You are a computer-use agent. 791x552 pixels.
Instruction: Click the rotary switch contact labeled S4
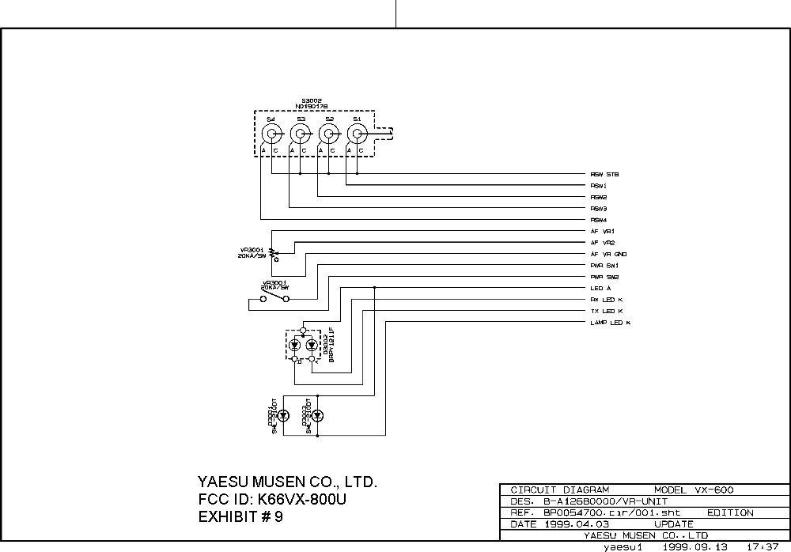click(x=271, y=132)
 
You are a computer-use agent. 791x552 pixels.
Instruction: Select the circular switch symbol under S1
click(x=357, y=132)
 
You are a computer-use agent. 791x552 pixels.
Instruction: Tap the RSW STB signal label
click(x=604, y=174)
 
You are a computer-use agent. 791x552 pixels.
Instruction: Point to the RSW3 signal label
click(x=599, y=208)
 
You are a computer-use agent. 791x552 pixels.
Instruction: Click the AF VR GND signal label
click(x=608, y=254)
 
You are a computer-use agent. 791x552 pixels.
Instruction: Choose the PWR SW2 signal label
click(x=604, y=277)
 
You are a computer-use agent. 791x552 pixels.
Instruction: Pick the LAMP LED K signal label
click(x=610, y=323)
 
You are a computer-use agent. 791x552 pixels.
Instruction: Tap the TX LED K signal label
click(x=607, y=312)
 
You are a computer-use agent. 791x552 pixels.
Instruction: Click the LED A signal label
click(x=600, y=289)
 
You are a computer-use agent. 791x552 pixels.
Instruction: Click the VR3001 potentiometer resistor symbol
click(x=273, y=252)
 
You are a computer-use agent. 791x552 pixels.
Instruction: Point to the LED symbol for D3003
click(x=317, y=416)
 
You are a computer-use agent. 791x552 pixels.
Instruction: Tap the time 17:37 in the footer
click(x=760, y=546)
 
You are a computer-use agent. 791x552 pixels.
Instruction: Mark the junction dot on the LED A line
click(x=374, y=289)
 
